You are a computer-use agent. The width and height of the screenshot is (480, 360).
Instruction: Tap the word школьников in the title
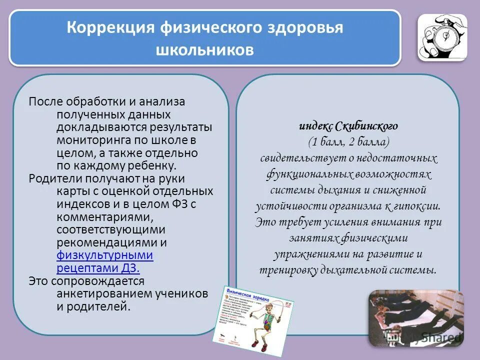205,50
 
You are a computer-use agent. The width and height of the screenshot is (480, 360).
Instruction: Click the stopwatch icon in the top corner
442,37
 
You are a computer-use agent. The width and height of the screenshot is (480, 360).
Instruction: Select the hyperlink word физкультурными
105,255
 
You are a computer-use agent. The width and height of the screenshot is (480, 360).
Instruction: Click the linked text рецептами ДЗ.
98,268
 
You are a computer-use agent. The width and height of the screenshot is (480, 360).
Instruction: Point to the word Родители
51,178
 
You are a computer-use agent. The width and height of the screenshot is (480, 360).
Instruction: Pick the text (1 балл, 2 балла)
348,142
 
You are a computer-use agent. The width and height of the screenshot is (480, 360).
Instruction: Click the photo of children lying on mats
416,318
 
